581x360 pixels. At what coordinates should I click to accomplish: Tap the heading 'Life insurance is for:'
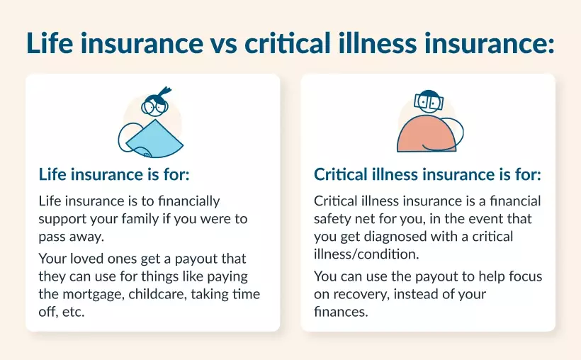(114, 174)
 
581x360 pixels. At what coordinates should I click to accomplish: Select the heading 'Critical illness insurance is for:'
(427, 174)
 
